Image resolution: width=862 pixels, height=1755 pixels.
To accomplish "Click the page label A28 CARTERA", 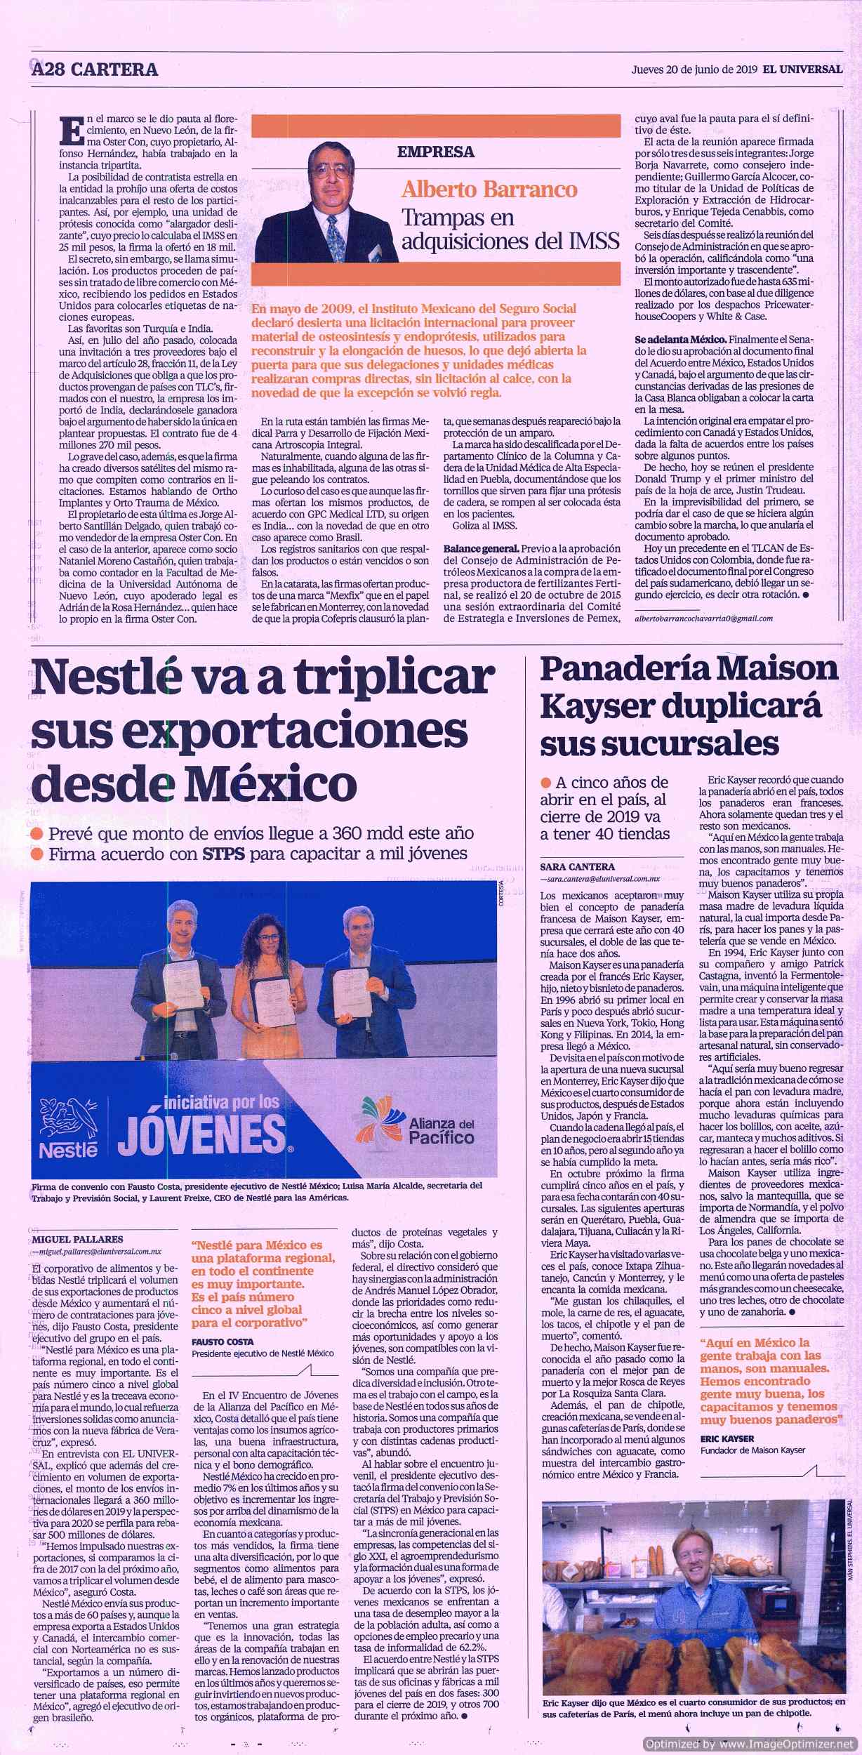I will [95, 69].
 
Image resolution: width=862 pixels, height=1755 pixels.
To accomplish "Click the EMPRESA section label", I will [435, 152].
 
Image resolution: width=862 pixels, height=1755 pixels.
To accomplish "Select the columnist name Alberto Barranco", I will [489, 190].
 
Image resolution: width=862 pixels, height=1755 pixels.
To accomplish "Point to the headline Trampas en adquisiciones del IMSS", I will [510, 230].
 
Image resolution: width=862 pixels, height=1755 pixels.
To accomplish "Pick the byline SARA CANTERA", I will [577, 866].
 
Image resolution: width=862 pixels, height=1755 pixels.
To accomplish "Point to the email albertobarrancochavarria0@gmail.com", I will [702, 618].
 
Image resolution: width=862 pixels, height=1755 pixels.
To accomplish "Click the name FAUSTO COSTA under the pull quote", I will [223, 1342].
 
